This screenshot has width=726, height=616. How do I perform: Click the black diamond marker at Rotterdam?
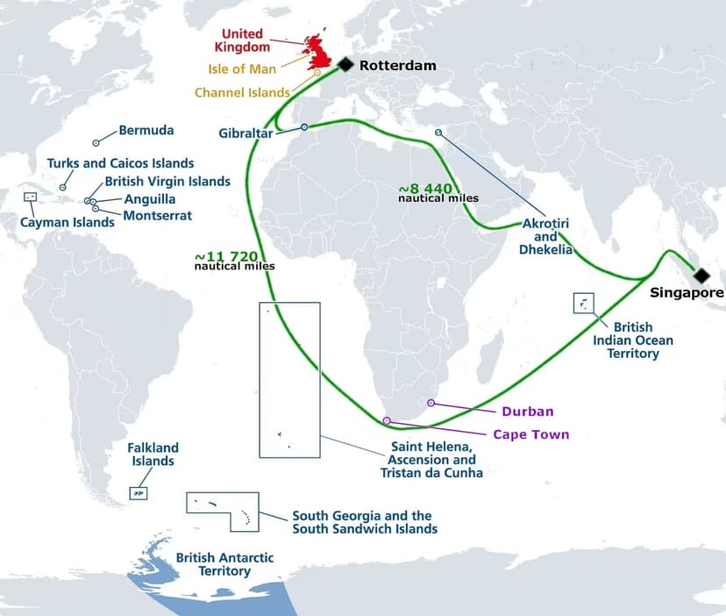pos(345,64)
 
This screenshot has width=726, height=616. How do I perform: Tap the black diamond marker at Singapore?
pos(702,276)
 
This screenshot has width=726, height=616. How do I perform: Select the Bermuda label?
pos(146,131)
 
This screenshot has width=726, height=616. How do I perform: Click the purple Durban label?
pos(528,411)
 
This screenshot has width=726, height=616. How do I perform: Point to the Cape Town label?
pos(530,434)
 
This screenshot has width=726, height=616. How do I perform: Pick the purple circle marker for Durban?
pos(431,403)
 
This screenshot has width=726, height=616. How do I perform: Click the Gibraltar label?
pos(247,133)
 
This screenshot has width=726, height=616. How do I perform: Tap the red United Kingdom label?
pos(242,40)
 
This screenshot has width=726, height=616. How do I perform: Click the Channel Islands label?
pos(242,92)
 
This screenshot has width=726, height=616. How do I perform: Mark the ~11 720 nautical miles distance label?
pos(234,261)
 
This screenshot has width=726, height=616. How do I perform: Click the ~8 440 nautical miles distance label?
pos(438,193)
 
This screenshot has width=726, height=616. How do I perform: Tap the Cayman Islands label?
pos(68,222)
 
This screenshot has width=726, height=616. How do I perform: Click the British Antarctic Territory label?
pos(225,564)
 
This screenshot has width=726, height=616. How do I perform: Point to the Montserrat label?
pos(158,215)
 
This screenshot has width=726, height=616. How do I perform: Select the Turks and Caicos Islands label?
pos(121,163)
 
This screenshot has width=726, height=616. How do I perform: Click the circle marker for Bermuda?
pos(96,142)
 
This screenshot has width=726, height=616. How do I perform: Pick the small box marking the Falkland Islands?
pos(138,494)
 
